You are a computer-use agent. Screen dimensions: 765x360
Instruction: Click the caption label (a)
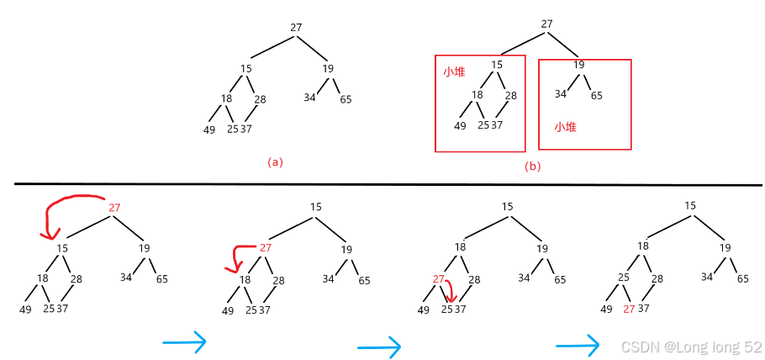pyautogui.click(x=274, y=161)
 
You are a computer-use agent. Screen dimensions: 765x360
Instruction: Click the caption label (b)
pyautogui.click(x=532, y=166)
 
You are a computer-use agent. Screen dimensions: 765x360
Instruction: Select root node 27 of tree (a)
pyautogui.click(x=296, y=28)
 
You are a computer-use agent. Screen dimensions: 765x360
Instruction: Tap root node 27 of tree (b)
pyautogui.click(x=546, y=24)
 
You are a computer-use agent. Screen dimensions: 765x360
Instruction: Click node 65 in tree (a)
pyautogui.click(x=346, y=99)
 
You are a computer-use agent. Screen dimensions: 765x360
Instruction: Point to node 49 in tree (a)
pyautogui.click(x=209, y=130)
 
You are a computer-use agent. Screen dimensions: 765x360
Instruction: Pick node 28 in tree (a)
pyautogui.click(x=260, y=99)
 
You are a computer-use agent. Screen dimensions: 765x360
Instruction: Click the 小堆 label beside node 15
pyautogui.click(x=454, y=72)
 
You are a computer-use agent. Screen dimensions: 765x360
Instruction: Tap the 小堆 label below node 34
pyautogui.click(x=564, y=128)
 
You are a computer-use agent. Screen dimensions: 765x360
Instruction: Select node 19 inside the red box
pyautogui.click(x=578, y=65)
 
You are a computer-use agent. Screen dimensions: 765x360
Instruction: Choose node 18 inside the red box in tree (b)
pyautogui.click(x=477, y=94)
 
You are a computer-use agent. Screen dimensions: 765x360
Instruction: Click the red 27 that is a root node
pyautogui.click(x=115, y=207)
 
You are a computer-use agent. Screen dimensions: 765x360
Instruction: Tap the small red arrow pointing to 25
pyautogui.click(x=451, y=290)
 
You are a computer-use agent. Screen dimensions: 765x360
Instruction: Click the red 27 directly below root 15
pyautogui.click(x=266, y=247)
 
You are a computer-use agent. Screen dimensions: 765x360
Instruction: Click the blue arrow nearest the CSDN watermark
pyautogui.click(x=578, y=343)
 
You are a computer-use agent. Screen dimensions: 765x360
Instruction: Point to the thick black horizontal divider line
pyautogui.click(x=387, y=184)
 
